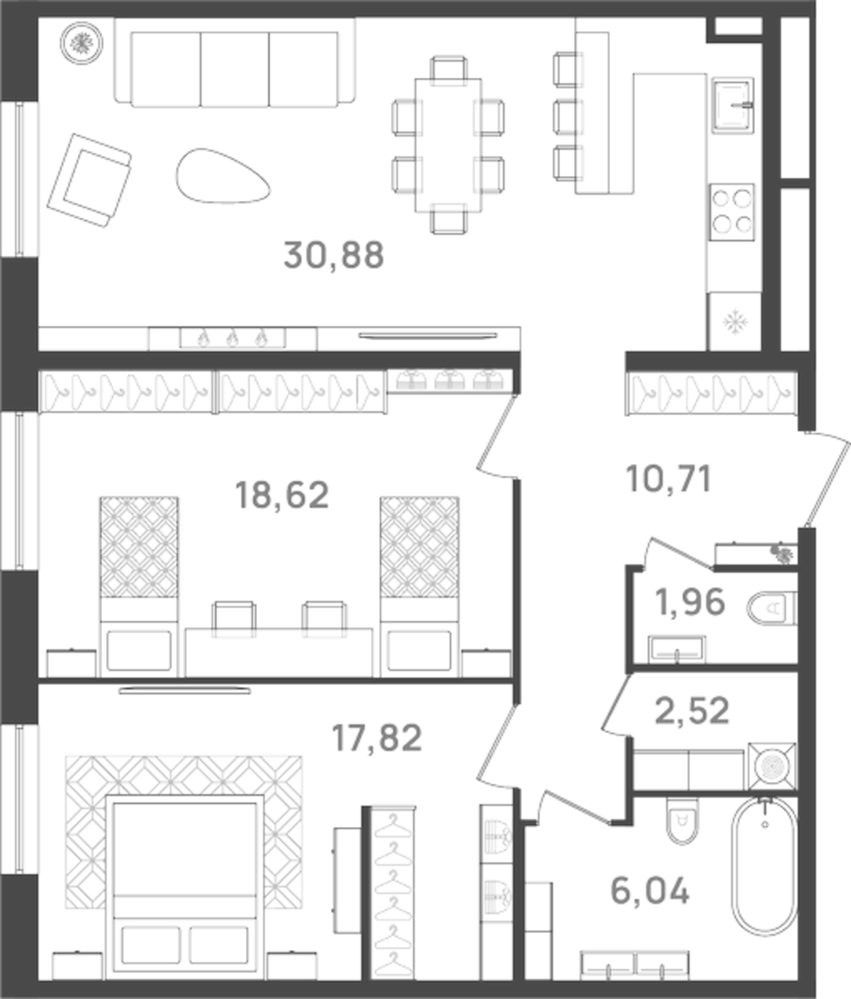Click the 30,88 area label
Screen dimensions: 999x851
click(333, 256)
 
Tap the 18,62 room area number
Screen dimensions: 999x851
click(281, 495)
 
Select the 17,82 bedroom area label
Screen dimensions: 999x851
click(377, 738)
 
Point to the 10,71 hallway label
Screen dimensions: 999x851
click(668, 481)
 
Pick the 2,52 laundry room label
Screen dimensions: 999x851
click(693, 710)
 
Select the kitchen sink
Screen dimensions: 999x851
click(732, 105)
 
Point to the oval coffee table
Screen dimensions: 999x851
click(223, 176)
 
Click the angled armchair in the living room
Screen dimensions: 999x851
click(89, 180)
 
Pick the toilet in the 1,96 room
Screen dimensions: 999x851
click(772, 608)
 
